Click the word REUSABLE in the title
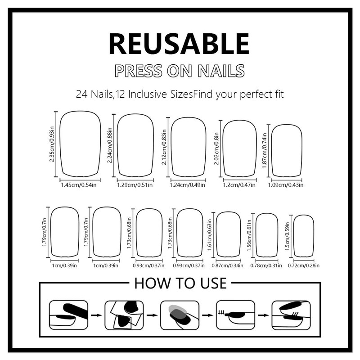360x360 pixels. coord(179,44)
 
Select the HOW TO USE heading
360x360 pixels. coord(180,283)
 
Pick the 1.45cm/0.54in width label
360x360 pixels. coord(80,185)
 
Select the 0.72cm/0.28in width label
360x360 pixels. coord(304,265)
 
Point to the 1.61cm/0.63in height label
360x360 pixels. coord(210,235)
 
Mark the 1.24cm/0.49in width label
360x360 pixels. coord(188,185)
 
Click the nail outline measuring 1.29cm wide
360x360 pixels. coord(135,146)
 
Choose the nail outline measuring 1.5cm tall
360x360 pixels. coord(304,235)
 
